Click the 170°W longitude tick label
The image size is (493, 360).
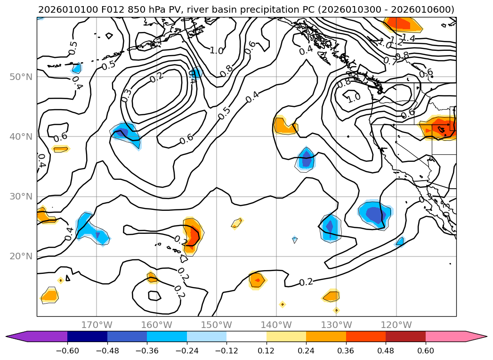pyautogui.click(x=97, y=325)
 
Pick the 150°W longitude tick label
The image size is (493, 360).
pyautogui.click(x=217, y=325)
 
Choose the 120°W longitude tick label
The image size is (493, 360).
pyautogui.click(x=396, y=325)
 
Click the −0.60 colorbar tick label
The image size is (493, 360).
pyautogui.click(x=67, y=351)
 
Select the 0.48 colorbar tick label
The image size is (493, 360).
pyautogui.click(x=386, y=351)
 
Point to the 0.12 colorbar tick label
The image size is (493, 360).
pyautogui.click(x=266, y=351)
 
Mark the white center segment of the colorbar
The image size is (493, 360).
pyautogui.click(x=246, y=336)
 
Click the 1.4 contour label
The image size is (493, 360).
pyautogui.click(x=408, y=39)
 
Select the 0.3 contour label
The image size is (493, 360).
pyautogui.click(x=126, y=96)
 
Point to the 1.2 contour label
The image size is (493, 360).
pyautogui.click(x=396, y=41)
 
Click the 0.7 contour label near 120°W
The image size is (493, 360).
pyautogui.click(x=390, y=60)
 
